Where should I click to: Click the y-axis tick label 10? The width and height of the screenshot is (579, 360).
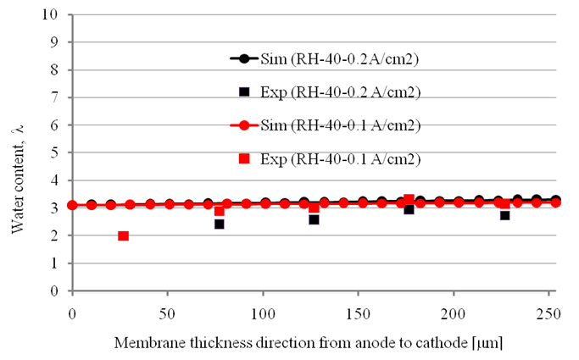coord(53,15)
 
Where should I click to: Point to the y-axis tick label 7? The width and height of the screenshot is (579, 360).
coord(56,98)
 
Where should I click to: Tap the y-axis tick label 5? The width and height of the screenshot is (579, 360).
coord(56,153)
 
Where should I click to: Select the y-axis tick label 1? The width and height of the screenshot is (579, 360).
coord(56,263)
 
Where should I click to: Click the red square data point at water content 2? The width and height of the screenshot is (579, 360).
coord(124,235)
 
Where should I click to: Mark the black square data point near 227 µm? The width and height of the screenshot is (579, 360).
coord(504,215)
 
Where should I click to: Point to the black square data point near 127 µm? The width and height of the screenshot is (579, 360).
coord(314,219)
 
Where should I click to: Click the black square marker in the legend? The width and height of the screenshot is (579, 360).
coord(244,91)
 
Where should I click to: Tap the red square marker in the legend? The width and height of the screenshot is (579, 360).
coord(244,158)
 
